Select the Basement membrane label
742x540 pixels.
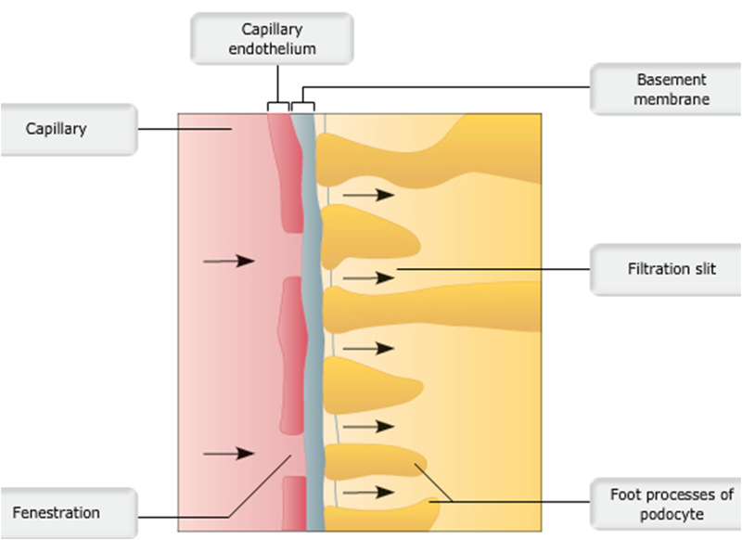pyautogui.click(x=666, y=89)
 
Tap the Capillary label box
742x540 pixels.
pyautogui.click(x=70, y=129)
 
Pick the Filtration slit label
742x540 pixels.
pyautogui.click(x=666, y=269)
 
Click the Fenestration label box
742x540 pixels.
pyautogui.click(x=70, y=512)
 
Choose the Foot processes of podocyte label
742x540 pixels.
pyautogui.click(x=666, y=504)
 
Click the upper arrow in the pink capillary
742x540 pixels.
pyautogui.click(x=228, y=262)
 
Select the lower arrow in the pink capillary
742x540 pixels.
pyautogui.click(x=228, y=453)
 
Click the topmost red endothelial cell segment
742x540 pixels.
pyautogui.click(x=286, y=176)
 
